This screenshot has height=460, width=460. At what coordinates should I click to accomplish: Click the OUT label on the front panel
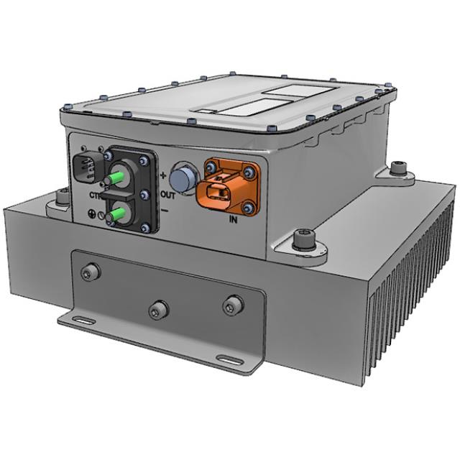[x=168, y=194]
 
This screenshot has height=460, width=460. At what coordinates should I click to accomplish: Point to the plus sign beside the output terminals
[x=163, y=175]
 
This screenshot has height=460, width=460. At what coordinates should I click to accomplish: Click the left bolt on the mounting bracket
[x=91, y=272]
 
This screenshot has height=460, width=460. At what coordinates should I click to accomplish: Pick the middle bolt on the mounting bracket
[x=158, y=310]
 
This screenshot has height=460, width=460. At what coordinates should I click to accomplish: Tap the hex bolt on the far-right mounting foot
[x=399, y=170]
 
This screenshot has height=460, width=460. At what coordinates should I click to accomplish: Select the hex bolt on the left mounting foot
[x=63, y=196]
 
